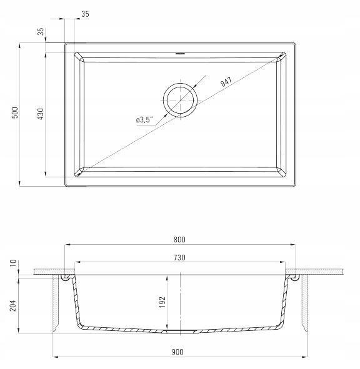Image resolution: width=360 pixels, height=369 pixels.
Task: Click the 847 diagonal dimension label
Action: (226, 81)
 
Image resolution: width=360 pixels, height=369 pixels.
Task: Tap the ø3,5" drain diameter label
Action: (144, 120)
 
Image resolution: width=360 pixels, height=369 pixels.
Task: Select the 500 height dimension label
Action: (14, 113)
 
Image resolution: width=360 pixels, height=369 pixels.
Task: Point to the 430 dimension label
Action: (41, 114)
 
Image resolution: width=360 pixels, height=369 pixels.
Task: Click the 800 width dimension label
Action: (179, 240)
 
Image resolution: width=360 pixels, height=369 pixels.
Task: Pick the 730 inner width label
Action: (179, 257)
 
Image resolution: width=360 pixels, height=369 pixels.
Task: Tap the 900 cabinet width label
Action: (177, 352)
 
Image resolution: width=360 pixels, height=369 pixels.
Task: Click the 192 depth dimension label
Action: (162, 302)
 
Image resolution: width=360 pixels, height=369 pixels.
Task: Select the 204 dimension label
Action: (13, 305)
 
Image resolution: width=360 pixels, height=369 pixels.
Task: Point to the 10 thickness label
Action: (13, 263)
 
